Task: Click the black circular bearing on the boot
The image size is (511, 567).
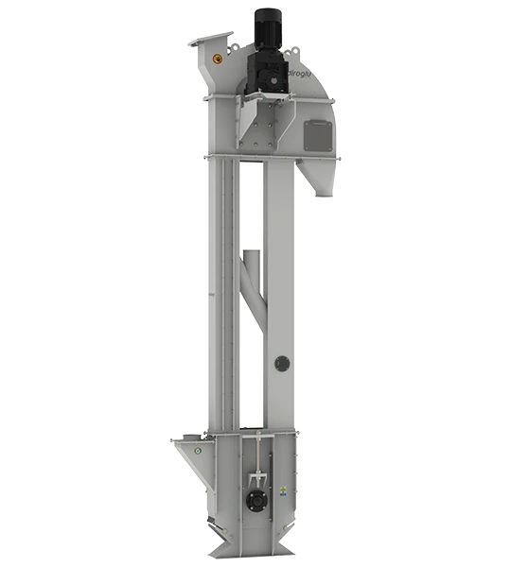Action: (256, 501)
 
